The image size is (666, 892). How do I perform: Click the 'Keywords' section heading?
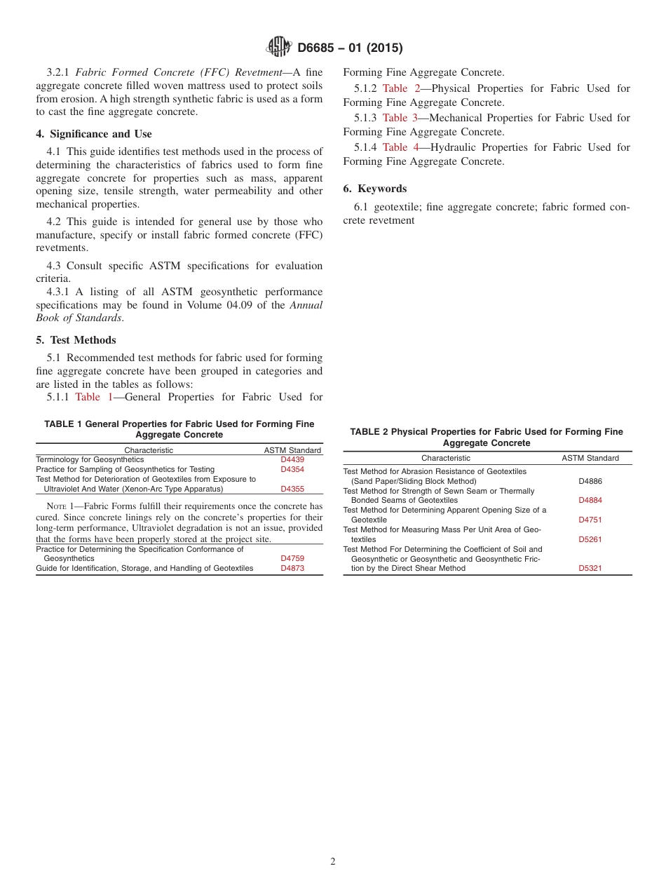pyautogui.click(x=381, y=189)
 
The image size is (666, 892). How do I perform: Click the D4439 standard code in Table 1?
pyautogui.click(x=292, y=460)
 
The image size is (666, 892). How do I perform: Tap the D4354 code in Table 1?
pyautogui.click(x=292, y=469)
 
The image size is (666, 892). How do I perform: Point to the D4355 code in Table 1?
pyautogui.click(x=292, y=489)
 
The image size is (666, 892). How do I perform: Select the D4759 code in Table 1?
pyautogui.click(x=292, y=558)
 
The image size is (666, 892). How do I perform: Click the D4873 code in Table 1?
pyautogui.click(x=292, y=568)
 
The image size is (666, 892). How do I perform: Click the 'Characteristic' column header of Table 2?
pyautogui.click(x=446, y=458)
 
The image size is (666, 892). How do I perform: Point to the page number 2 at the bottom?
pyautogui.click(x=333, y=862)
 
